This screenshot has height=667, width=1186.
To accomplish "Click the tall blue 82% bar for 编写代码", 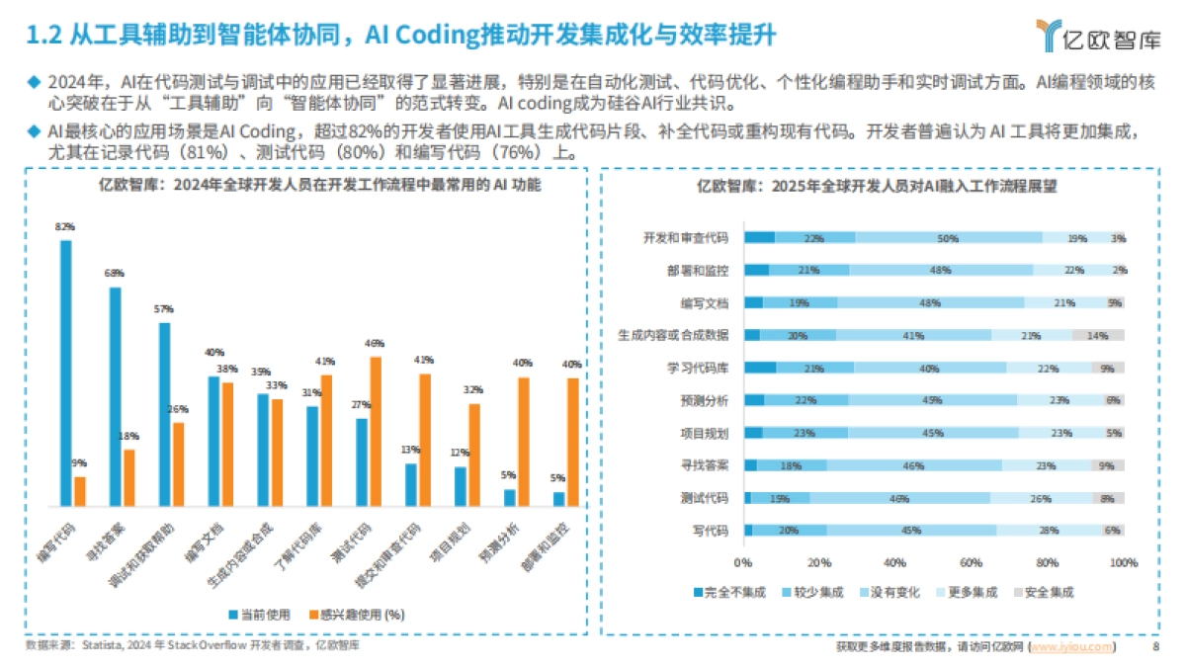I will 66,373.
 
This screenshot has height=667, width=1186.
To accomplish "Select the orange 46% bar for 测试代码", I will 375,431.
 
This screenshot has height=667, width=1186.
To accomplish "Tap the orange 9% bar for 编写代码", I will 80,491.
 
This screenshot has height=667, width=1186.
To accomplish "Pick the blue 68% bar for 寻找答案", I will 116,396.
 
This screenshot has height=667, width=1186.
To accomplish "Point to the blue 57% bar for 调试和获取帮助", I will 164,414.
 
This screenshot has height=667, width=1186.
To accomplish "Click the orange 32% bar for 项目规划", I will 474,455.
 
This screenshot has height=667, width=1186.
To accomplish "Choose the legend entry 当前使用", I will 259,614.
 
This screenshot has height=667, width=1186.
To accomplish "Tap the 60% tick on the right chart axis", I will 971,562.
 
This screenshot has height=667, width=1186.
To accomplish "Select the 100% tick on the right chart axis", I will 1123,562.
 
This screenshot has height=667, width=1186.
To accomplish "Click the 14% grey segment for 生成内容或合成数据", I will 1098,336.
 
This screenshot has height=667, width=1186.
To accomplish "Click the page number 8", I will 1155,646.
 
